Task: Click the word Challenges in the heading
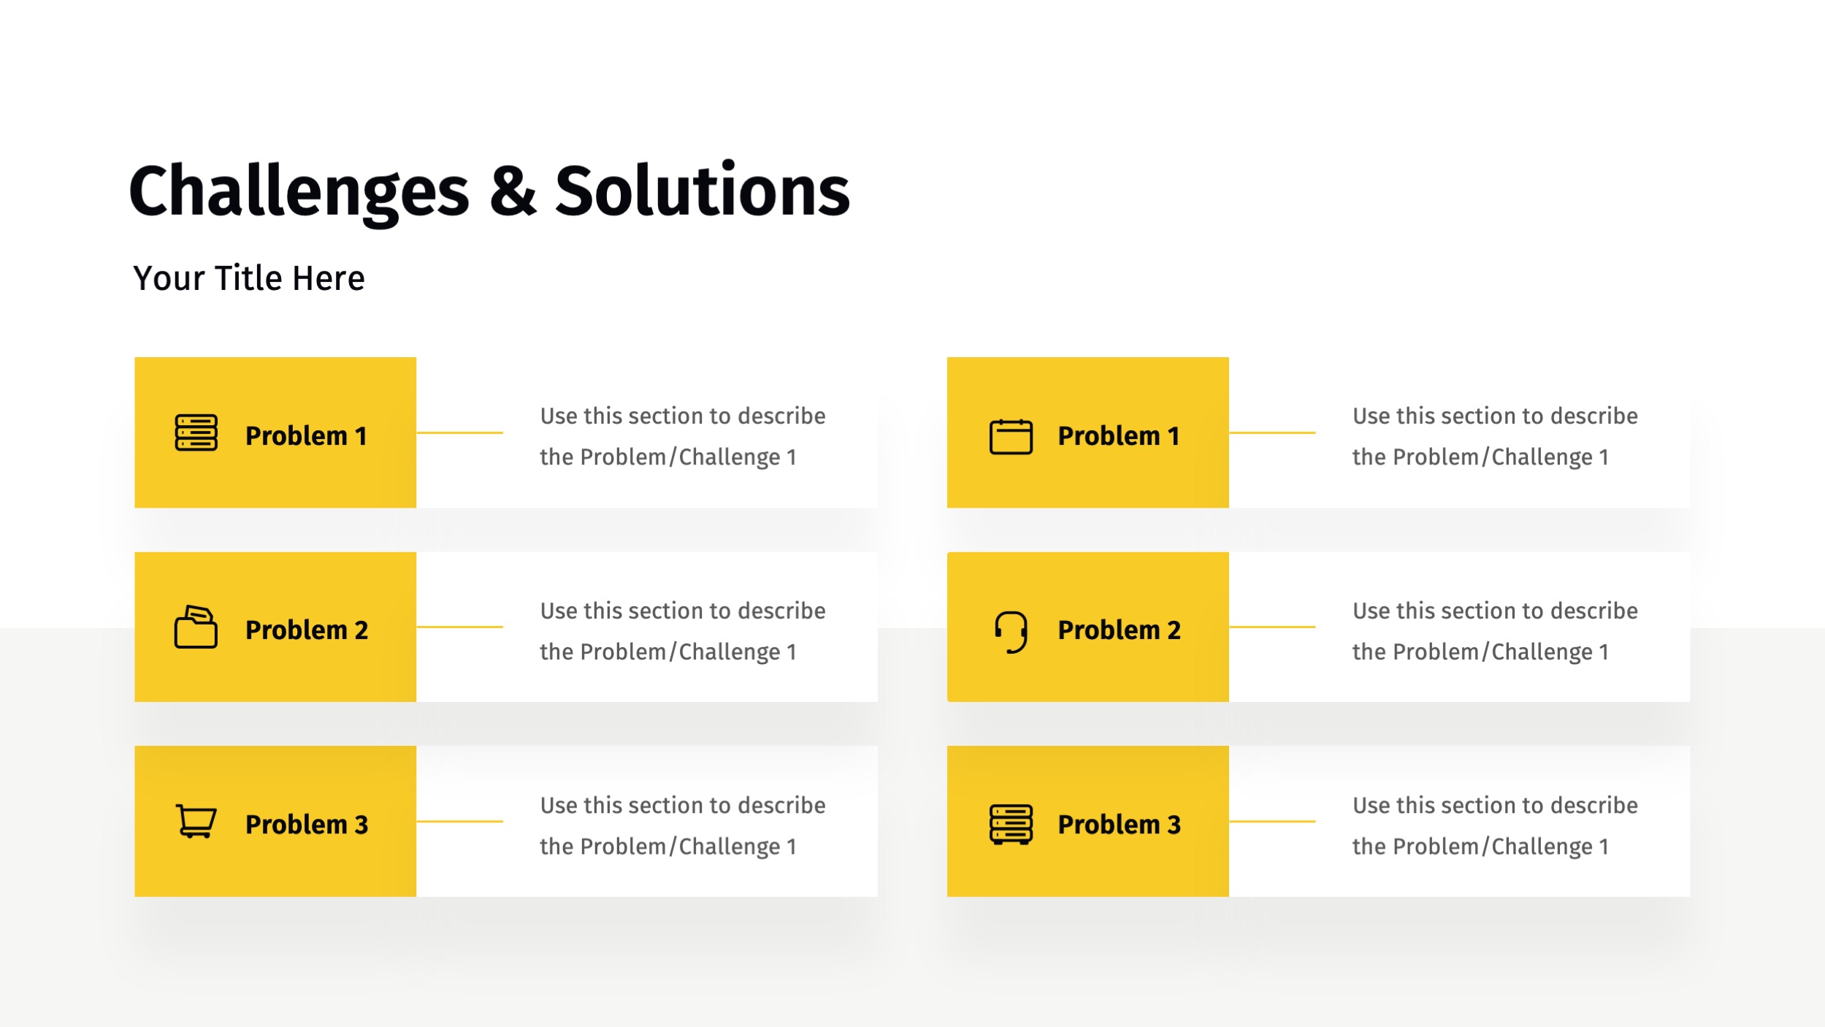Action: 299,191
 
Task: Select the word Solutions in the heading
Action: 703,191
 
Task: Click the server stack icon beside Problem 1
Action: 196,433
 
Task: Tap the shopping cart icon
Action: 196,821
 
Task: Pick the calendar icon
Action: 1011,436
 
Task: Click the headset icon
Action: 1011,631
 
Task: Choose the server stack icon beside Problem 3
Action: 1011,824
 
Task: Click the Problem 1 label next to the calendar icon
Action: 1118,436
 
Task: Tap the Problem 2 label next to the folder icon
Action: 306,630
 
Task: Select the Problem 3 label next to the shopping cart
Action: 306,825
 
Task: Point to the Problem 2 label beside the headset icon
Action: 1119,630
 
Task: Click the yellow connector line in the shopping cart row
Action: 459,821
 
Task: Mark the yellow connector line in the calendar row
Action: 1271,432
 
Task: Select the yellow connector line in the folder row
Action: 459,627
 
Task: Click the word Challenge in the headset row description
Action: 1541,652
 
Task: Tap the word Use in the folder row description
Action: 559,611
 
